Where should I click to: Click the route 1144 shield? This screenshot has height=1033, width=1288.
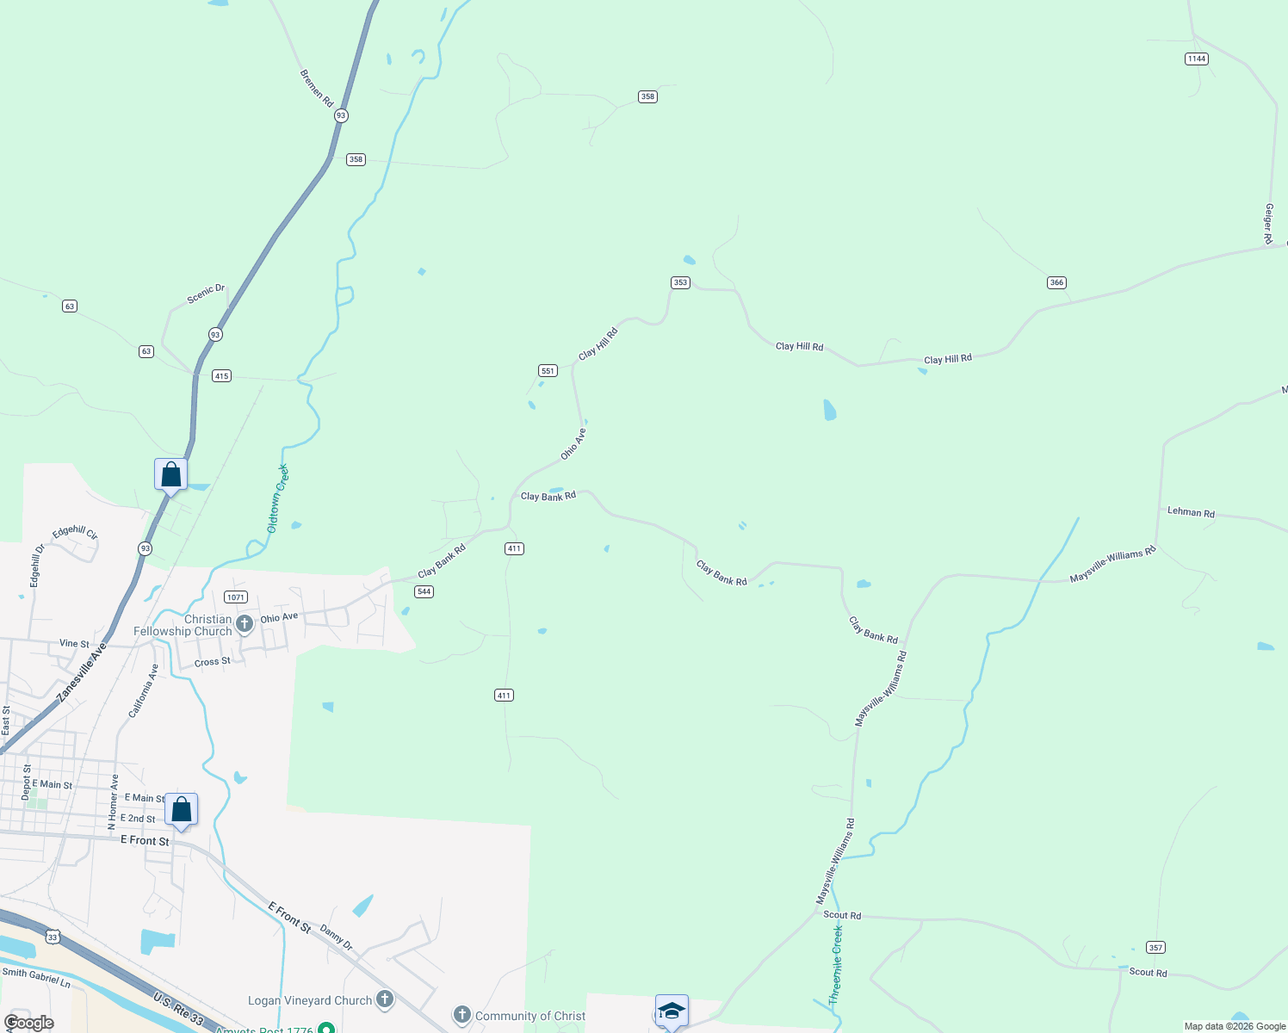click(1196, 59)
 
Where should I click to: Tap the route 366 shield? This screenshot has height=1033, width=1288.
click(1056, 282)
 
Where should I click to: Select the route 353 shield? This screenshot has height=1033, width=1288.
click(680, 282)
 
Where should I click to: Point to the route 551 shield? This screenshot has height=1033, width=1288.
click(548, 370)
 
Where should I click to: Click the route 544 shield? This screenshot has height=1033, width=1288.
click(423, 591)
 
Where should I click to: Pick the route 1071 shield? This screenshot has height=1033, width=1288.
click(236, 597)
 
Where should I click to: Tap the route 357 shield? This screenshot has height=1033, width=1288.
click(1155, 947)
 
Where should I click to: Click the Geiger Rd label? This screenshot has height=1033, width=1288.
click(1268, 224)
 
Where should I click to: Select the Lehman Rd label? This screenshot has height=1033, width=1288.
click(1191, 512)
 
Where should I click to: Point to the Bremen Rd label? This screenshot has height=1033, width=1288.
click(316, 88)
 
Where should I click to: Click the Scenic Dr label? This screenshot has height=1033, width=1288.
click(206, 294)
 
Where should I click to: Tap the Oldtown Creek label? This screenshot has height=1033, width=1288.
click(277, 498)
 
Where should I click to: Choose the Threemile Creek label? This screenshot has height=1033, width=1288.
click(835, 965)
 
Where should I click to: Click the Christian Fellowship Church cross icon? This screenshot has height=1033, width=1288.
click(245, 623)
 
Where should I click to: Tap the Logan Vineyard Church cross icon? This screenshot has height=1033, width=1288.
click(385, 999)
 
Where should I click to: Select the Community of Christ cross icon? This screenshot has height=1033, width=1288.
click(462, 1015)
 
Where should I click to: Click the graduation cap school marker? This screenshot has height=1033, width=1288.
click(672, 1011)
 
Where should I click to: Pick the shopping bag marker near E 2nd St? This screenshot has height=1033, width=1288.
click(181, 810)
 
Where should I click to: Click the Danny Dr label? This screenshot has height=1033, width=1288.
click(336, 937)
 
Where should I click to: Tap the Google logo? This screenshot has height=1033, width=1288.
click(29, 1023)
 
